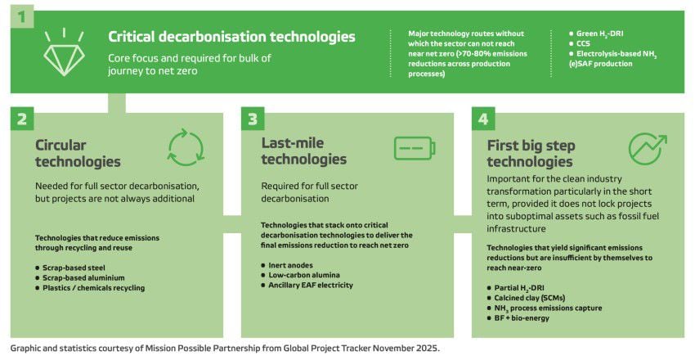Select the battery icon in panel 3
(415, 148)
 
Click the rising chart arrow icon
(648, 149)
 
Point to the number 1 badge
(22, 17)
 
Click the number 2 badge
(22, 119)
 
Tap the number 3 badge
(253, 119)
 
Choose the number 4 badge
(483, 119)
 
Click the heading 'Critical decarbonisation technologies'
(231, 37)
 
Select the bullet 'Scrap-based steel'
(70, 268)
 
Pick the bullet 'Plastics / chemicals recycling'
(90, 288)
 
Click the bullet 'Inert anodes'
(287, 265)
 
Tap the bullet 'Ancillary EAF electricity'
(307, 285)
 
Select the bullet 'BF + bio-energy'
(518, 318)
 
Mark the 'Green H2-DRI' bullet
(596, 34)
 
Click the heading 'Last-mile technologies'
(304, 151)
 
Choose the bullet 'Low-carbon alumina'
(301, 275)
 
